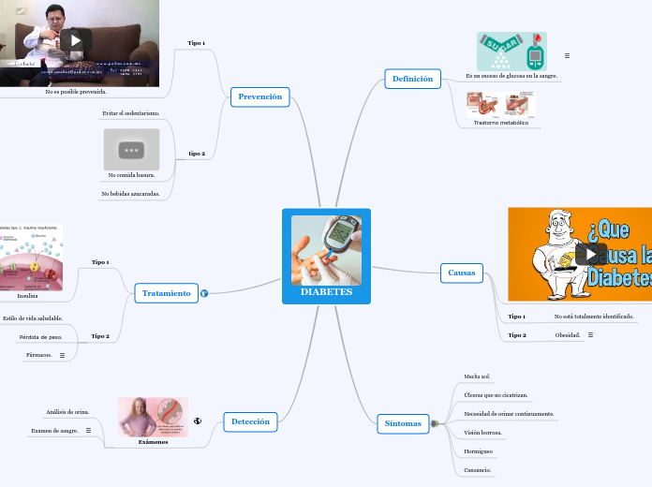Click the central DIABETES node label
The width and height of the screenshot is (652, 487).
coord(326,292)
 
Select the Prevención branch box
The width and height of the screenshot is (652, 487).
coord(259,96)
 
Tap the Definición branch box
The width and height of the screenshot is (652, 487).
coord(412,80)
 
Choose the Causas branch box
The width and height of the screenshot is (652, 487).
coord(461,273)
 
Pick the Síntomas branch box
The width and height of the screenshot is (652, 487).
coord(403,423)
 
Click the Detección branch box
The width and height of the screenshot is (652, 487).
coord(250,421)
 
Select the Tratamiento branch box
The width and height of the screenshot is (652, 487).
coord(166,293)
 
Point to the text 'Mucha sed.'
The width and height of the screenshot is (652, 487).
coord(477,376)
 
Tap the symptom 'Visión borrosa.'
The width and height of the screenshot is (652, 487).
coord(483,433)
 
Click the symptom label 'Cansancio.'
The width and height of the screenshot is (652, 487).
coord(478,470)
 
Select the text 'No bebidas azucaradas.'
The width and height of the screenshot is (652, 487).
coord(130,194)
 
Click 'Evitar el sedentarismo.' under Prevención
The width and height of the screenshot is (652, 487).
coord(131,113)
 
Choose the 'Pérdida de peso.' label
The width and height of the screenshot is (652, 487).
coord(40,337)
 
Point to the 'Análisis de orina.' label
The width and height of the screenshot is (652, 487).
coord(67,412)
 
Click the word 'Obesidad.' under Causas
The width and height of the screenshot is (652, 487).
coord(568,334)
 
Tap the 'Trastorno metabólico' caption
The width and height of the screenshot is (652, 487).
coord(500,123)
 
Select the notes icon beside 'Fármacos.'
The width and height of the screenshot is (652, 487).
coord(62,356)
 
